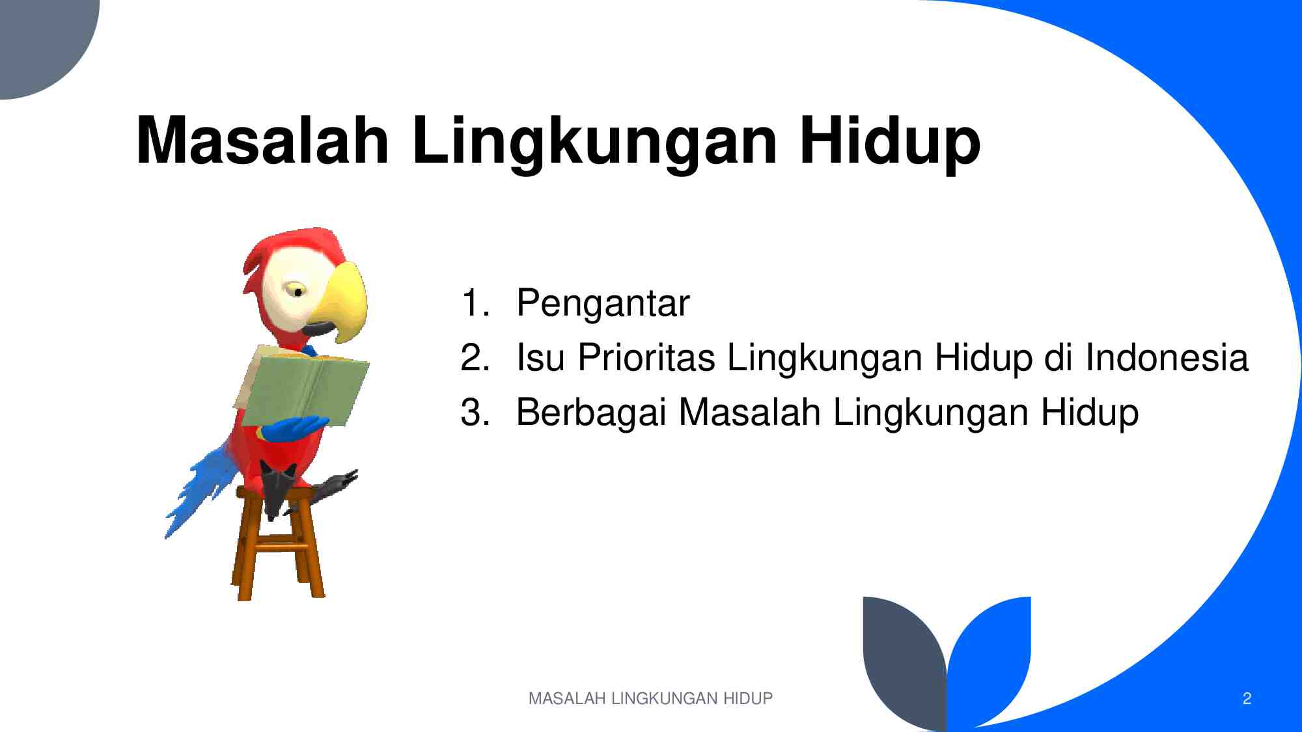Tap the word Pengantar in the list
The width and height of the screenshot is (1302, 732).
602,303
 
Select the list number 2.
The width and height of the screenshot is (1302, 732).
475,358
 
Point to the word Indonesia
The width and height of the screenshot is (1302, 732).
1166,358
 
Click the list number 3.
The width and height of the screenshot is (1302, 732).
475,413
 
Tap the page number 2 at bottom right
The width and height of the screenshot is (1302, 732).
1247,698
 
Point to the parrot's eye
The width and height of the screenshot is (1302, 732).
298,291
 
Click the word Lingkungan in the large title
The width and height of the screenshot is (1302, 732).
594,141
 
